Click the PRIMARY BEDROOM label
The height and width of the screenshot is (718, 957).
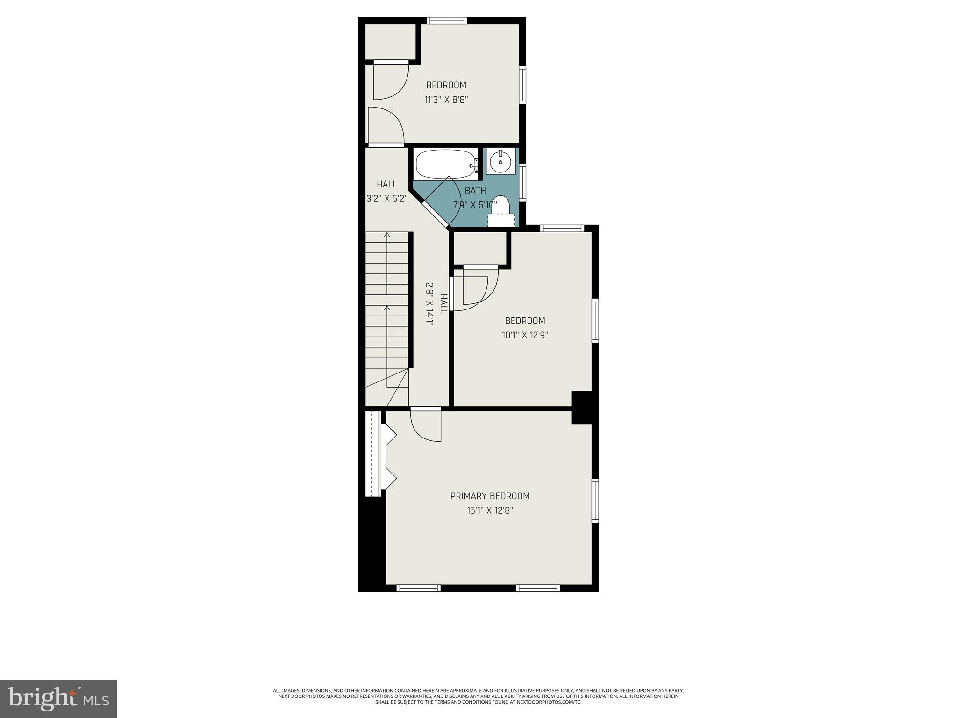click(x=490, y=496)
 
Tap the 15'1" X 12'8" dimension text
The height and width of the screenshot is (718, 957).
click(x=490, y=510)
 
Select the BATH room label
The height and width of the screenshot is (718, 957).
click(x=475, y=191)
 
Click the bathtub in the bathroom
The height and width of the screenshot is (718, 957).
click(x=445, y=164)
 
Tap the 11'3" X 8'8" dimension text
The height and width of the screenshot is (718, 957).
click(x=446, y=100)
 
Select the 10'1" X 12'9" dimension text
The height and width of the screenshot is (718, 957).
click(x=525, y=335)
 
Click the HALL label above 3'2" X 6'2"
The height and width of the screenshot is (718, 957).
click(x=387, y=184)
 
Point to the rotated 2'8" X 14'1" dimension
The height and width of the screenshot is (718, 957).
click(x=429, y=304)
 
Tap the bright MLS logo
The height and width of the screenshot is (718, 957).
click(x=58, y=698)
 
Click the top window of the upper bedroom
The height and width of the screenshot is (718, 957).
click(x=447, y=21)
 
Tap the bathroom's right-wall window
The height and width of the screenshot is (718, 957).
click(x=523, y=182)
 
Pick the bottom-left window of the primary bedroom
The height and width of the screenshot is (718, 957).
click(x=418, y=588)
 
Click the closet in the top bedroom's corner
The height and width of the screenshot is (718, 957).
click(x=390, y=42)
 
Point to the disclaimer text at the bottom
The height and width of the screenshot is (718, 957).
click(x=478, y=696)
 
